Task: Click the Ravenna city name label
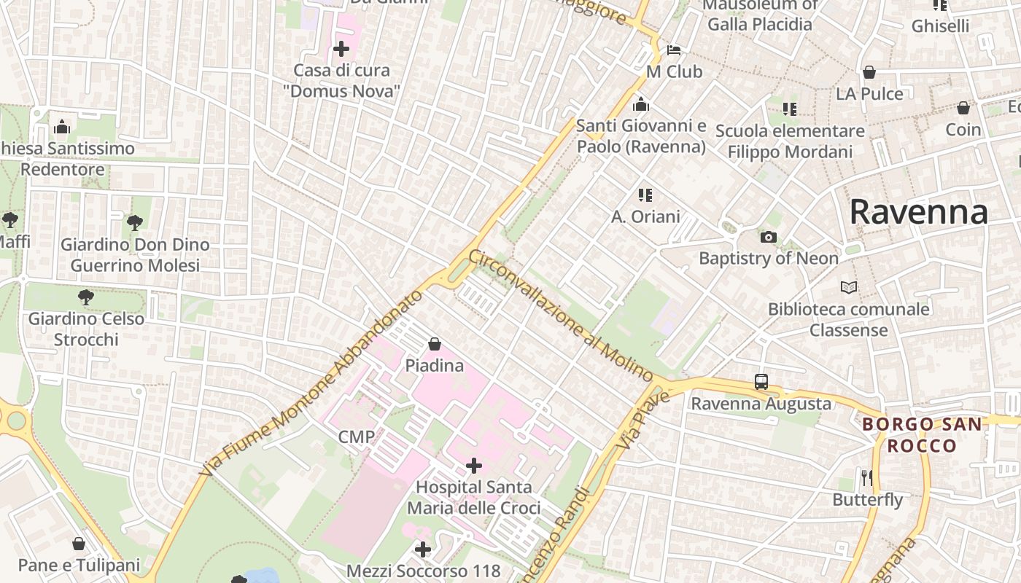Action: coord(918,212)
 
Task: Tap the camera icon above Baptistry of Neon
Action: coord(768,237)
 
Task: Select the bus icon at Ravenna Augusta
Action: coord(761,381)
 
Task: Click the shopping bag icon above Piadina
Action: coord(435,343)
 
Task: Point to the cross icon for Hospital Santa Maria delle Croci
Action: coord(474,465)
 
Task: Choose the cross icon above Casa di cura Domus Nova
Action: coord(341,49)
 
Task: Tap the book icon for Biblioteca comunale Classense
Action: coord(849,287)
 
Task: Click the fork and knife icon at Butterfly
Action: coord(867,478)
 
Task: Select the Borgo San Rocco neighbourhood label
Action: coord(922,434)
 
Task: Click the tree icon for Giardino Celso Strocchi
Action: coord(86,297)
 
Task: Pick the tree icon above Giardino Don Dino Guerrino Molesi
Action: coord(134,222)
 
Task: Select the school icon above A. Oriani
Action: coord(645,195)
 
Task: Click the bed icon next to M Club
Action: coord(674,50)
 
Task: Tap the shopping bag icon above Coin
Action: coord(963,108)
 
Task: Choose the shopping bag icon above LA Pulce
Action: coord(869,72)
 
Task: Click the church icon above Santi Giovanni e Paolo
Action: coord(641,104)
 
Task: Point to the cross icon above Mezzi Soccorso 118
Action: coord(423,549)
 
